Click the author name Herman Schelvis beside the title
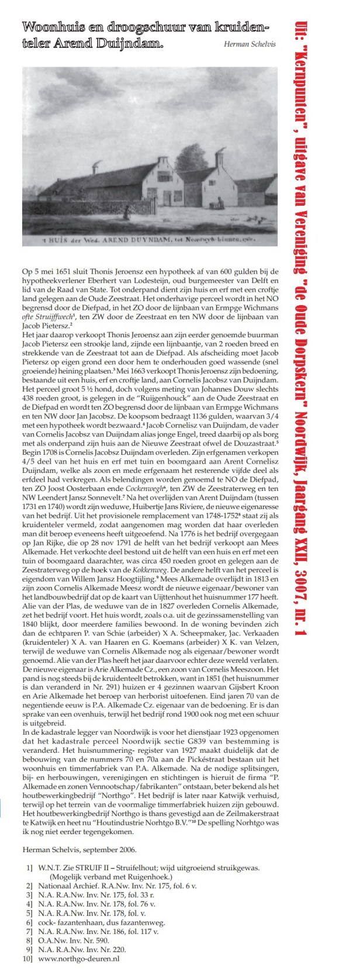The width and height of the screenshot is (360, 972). (x=250, y=44)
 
